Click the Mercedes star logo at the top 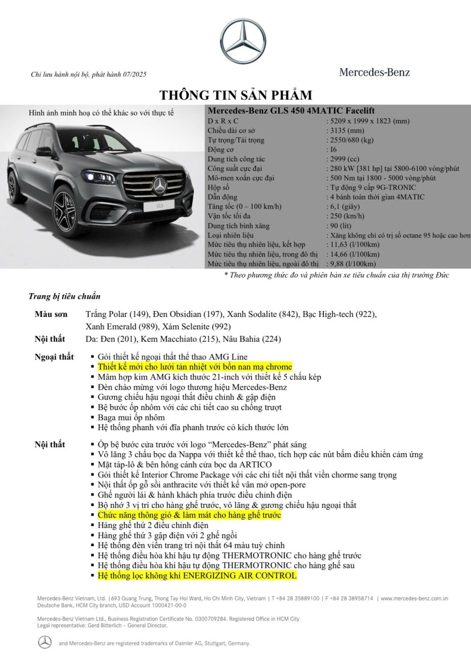[x=243, y=41]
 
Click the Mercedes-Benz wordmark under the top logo [x=374, y=72]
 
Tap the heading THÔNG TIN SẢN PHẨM [x=235, y=95]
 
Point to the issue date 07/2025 [x=135, y=74]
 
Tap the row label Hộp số [x=219, y=187]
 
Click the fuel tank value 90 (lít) [x=341, y=226]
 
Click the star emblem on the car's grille [x=160, y=185]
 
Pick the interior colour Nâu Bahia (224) [x=252, y=339]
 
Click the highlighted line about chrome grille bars [x=195, y=367]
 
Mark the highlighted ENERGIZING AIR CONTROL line [x=197, y=576]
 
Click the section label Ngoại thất [x=54, y=357]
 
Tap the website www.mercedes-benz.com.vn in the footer [x=414, y=598]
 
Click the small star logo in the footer [x=45, y=642]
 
